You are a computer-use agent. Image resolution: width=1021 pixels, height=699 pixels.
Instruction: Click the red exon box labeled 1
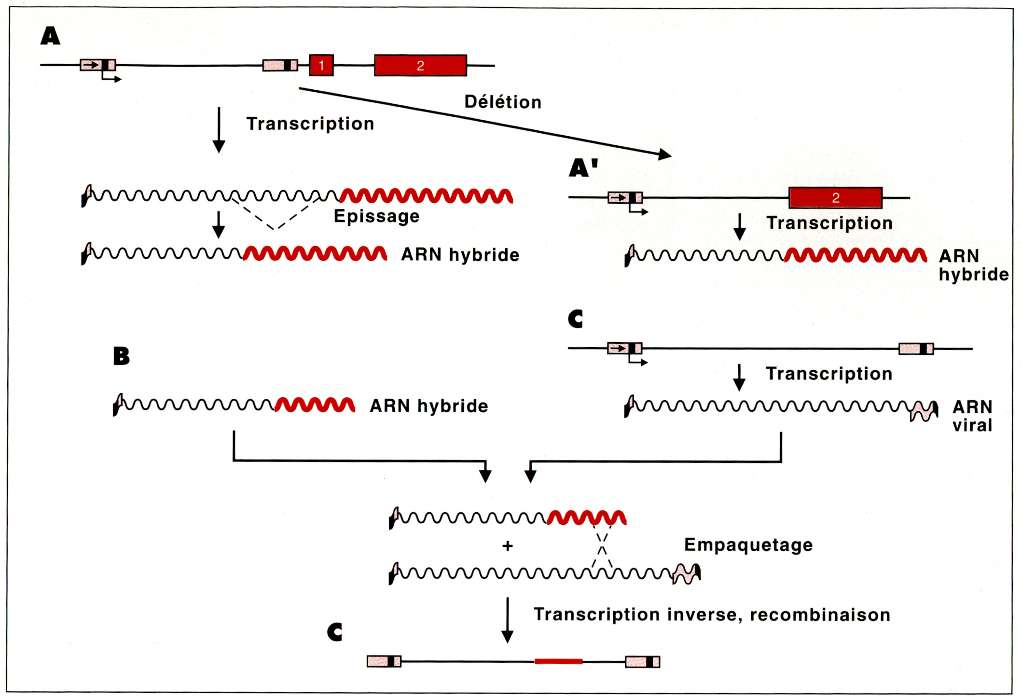tap(321, 65)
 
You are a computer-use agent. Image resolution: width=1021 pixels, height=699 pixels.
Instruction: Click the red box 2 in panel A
tap(420, 65)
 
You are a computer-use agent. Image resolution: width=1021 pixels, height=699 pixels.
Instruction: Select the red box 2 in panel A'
tap(835, 197)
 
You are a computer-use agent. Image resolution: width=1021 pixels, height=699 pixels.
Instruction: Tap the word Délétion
tap(503, 102)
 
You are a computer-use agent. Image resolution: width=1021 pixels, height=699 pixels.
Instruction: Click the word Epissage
tap(376, 216)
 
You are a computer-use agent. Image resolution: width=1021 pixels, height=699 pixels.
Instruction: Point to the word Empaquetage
tap(748, 545)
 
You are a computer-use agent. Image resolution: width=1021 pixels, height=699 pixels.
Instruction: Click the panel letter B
tap(122, 356)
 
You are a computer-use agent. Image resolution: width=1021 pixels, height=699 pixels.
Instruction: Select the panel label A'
tap(583, 168)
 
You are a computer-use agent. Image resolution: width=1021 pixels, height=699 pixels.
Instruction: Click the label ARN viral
tap(972, 416)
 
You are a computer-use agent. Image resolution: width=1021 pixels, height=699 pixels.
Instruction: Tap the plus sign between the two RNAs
tap(507, 546)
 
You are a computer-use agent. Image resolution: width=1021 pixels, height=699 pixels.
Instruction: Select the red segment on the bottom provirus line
tap(558, 661)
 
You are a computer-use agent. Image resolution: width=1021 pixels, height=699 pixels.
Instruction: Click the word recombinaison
tap(820, 615)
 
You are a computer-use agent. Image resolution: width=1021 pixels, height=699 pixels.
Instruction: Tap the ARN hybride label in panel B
tap(428, 406)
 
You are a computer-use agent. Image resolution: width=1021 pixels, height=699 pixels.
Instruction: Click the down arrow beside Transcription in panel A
tap(219, 130)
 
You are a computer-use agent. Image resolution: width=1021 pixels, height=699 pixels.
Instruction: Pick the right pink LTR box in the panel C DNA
tap(916, 349)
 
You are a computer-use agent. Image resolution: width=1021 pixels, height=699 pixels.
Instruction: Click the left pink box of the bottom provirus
tap(384, 661)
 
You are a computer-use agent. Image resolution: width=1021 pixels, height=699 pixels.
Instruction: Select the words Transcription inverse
tap(596, 615)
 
